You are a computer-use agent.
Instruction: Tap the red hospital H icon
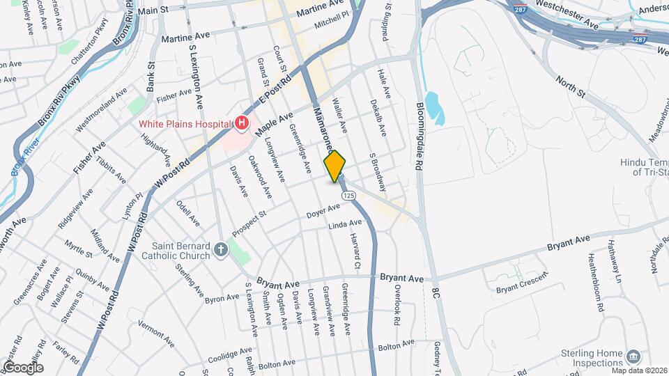242,124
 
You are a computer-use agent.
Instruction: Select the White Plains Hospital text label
184,124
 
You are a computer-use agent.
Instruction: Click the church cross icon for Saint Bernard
221,249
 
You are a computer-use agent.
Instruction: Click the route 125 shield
348,196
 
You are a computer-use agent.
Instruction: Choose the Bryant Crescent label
521,288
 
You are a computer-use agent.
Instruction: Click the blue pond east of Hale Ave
433,108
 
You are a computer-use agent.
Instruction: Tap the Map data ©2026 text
636,369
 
